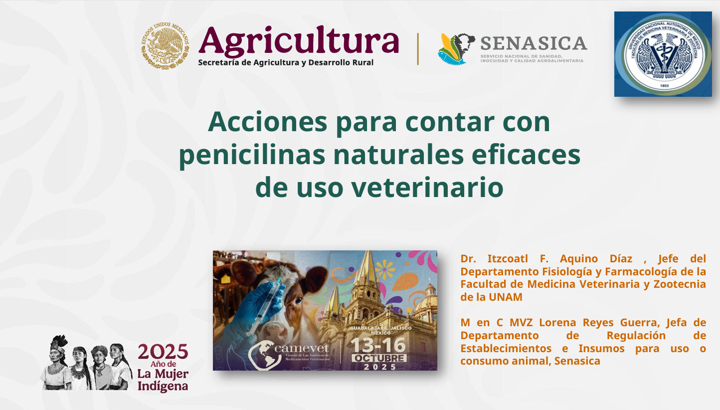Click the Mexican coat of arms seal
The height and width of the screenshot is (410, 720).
tap(165, 45)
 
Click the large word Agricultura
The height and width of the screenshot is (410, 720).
tap(298, 42)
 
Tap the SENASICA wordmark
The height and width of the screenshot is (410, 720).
tap(534, 43)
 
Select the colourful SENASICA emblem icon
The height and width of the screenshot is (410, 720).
tap(456, 49)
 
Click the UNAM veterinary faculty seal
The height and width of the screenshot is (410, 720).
tap(663, 54)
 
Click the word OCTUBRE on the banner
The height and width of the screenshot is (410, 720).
tap(379, 358)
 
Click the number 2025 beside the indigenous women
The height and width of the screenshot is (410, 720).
tap(163, 352)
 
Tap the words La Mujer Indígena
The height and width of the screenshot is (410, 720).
tap(163, 380)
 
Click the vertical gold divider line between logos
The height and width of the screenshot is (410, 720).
tap(418, 48)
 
